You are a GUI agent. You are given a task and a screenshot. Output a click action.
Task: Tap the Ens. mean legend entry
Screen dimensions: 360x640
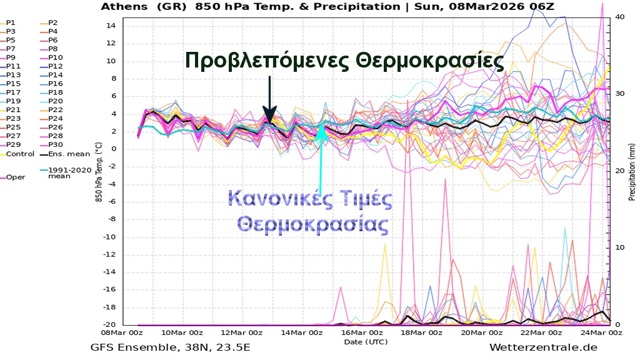(65, 154)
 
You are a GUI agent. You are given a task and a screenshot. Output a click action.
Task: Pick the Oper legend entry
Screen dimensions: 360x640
(16, 177)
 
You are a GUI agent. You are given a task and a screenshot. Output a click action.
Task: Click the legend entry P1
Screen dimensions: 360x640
(11, 22)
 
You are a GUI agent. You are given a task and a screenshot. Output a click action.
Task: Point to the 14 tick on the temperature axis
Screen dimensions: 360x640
(112, 26)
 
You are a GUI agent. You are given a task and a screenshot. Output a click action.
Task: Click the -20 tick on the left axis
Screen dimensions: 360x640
(110, 324)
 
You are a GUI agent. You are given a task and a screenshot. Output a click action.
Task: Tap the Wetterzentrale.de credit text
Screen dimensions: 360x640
(544, 347)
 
